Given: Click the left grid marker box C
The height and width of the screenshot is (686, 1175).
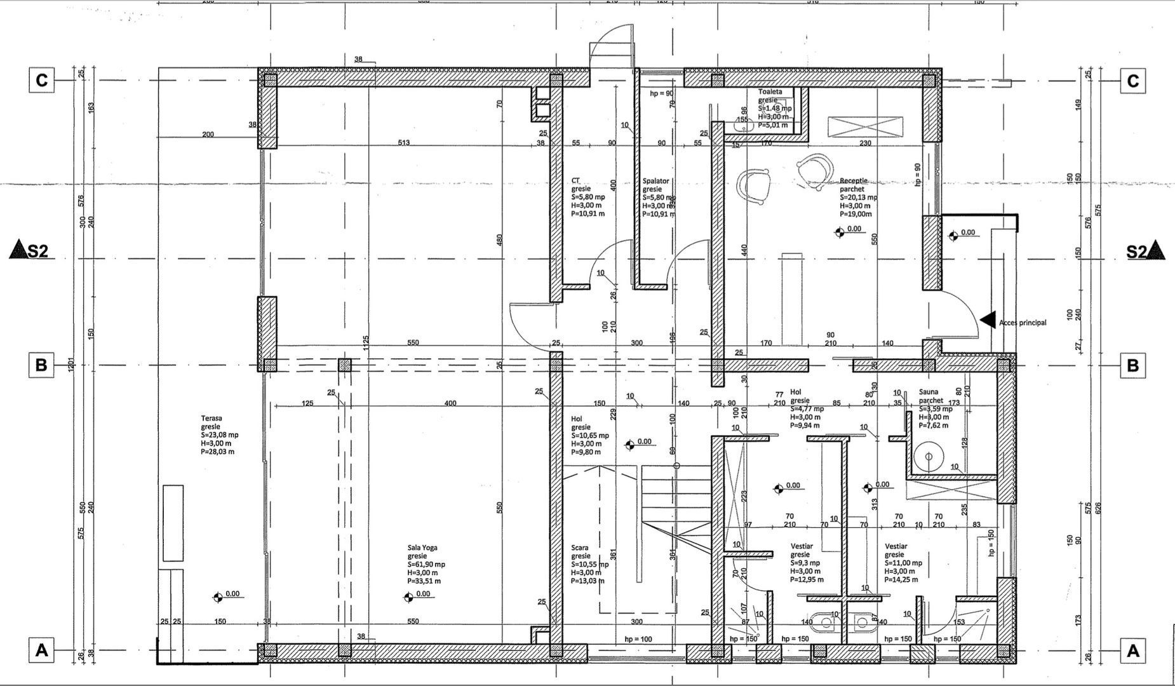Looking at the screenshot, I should point(41,81).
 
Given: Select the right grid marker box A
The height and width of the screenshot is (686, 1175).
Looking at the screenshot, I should point(1132,650).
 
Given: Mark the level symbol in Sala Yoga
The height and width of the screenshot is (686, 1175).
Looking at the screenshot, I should point(409,596).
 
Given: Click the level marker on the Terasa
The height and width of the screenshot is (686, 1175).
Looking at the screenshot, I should point(218,596).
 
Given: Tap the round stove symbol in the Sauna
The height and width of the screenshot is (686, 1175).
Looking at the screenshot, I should point(929,456).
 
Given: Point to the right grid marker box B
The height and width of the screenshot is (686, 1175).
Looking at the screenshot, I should point(1132,366).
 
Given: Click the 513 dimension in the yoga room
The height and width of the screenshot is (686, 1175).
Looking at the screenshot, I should point(403,142).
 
